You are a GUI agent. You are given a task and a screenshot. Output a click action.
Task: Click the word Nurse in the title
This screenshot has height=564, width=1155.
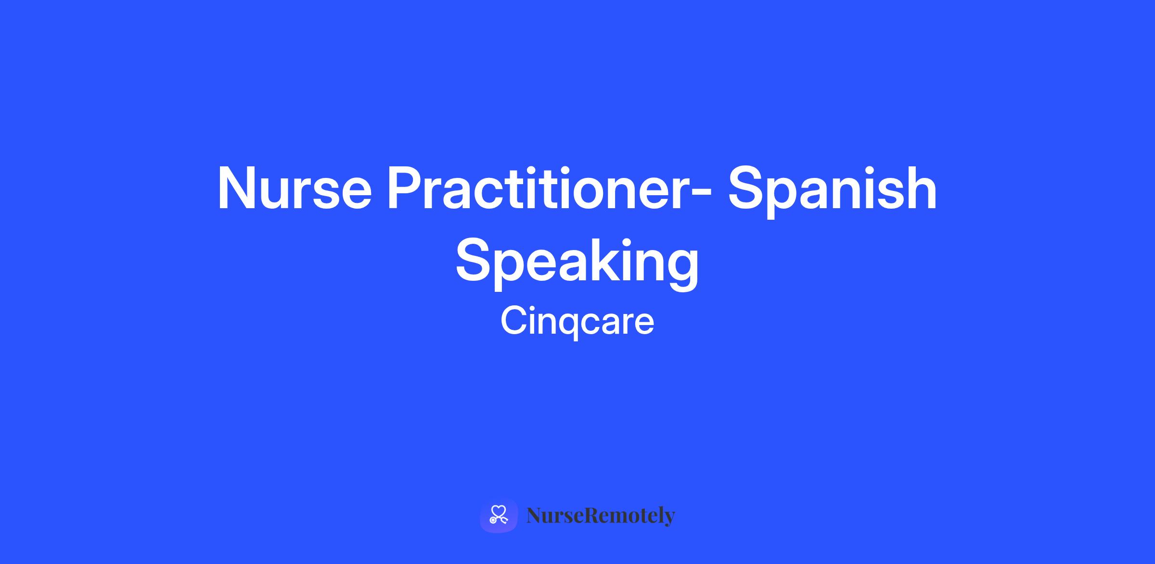295,188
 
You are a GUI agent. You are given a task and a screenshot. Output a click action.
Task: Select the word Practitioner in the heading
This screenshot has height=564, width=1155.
535,188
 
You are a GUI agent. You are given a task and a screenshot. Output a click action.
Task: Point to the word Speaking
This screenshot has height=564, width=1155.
577,262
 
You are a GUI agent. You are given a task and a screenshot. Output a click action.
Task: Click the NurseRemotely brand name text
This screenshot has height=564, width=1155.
601,515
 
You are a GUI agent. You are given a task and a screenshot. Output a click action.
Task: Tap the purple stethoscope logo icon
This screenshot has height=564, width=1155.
499,515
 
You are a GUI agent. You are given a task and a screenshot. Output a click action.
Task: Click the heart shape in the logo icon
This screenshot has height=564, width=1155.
499,511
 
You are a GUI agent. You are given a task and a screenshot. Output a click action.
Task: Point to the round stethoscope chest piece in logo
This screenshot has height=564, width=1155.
493,520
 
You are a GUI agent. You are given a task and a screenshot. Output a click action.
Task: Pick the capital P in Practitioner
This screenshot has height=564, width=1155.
405,188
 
